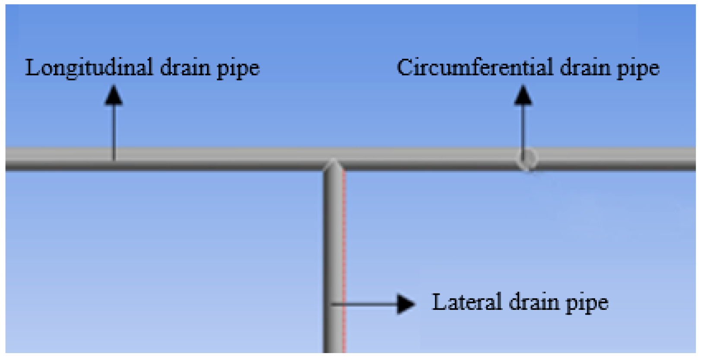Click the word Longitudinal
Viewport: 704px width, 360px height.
89,68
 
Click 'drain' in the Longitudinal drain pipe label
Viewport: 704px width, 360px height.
185,68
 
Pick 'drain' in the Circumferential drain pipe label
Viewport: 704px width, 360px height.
585,68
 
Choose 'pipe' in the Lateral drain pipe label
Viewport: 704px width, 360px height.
587,304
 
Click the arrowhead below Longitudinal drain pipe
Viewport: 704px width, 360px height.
114,96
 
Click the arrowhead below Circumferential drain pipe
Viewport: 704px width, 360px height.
523,96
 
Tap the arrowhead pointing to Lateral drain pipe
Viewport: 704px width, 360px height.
405,304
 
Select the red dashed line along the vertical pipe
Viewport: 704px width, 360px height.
344,259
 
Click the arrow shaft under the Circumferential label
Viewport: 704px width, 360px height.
523,130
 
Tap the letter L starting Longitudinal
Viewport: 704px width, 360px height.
32,68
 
